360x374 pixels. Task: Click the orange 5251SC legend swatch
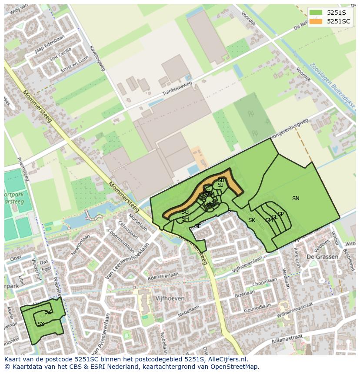(x=316, y=21)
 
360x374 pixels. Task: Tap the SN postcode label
(x=296, y=199)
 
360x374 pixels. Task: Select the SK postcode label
(x=252, y=220)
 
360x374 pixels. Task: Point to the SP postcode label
(x=280, y=214)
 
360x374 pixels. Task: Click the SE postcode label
(x=197, y=226)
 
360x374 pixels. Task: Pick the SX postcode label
(x=41, y=324)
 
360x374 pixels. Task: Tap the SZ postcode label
(x=48, y=312)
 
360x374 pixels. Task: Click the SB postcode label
(x=221, y=180)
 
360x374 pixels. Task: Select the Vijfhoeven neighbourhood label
(x=170, y=298)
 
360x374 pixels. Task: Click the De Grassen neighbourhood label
(x=322, y=257)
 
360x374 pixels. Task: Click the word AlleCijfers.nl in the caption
(x=226, y=359)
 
